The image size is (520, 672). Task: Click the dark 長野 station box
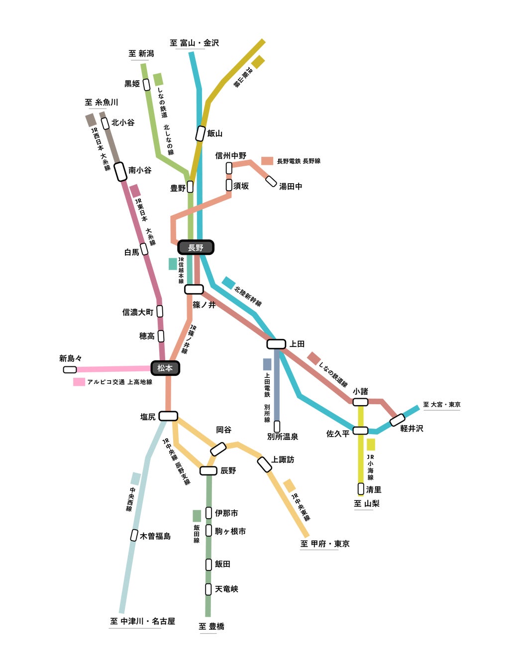click(196, 247)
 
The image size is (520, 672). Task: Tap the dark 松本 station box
click(165, 368)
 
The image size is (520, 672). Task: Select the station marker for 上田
click(276, 344)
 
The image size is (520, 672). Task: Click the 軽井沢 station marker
click(397, 420)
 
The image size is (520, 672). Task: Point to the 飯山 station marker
click(201, 133)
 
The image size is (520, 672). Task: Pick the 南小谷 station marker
click(120, 171)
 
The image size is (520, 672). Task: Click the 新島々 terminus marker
click(70, 369)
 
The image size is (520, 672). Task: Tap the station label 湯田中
click(291, 186)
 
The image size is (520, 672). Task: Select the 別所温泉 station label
click(283, 437)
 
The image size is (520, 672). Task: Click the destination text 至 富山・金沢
click(194, 43)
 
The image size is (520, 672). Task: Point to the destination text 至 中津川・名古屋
click(142, 621)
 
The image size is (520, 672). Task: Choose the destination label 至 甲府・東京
click(324, 544)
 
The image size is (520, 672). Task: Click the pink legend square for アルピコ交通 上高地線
click(79, 382)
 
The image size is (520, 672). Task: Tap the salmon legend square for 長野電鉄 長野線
click(267, 161)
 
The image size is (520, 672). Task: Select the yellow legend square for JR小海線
click(371, 444)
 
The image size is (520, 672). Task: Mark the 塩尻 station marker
click(168, 416)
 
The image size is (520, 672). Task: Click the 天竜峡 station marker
click(208, 589)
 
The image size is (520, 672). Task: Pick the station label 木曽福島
click(155, 536)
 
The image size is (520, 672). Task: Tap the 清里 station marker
click(361, 489)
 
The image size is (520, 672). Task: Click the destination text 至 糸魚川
click(102, 102)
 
